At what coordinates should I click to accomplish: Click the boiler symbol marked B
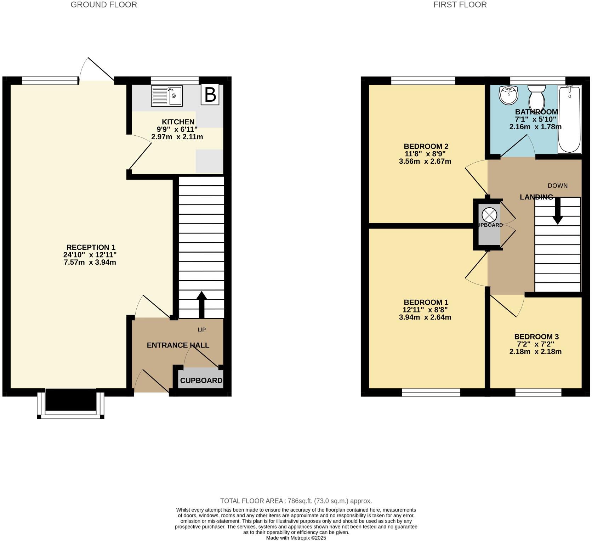click(x=210, y=95)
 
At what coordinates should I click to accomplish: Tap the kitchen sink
click(x=167, y=96)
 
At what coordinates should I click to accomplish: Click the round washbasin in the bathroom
click(x=508, y=95)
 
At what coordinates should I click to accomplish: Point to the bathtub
click(x=569, y=119)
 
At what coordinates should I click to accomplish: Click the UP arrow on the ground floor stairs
click(x=201, y=304)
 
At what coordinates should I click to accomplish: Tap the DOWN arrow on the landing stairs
click(x=558, y=211)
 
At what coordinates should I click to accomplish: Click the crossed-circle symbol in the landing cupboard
click(x=489, y=215)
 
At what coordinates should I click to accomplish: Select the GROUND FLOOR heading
click(x=104, y=5)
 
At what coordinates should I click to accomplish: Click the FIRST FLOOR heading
click(x=460, y=5)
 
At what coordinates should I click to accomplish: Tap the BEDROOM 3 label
click(x=536, y=337)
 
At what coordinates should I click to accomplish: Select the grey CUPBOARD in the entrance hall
click(x=201, y=379)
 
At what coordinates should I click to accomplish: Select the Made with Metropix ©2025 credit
click(x=296, y=537)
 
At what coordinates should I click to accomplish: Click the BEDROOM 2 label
click(x=426, y=146)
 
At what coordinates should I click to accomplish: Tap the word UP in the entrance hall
click(x=201, y=330)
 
